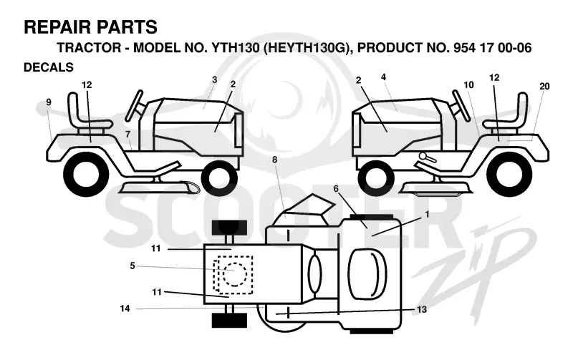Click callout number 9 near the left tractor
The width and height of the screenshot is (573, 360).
click(x=49, y=102)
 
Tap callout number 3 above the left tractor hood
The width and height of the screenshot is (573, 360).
click(x=214, y=79)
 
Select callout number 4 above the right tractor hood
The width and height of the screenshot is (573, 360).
click(x=383, y=77)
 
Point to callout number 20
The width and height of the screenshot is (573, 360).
click(x=544, y=86)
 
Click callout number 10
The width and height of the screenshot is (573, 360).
click(x=469, y=84)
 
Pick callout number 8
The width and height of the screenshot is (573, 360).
click(x=275, y=160)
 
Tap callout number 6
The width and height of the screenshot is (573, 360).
click(x=336, y=188)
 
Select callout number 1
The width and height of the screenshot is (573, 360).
click(x=427, y=214)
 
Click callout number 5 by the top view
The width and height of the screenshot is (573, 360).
click(x=133, y=266)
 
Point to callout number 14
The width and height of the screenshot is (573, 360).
click(x=125, y=308)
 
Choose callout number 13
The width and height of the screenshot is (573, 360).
click(x=422, y=310)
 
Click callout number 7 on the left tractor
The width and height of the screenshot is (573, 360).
click(x=127, y=135)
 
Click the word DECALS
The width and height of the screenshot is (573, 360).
click(x=49, y=67)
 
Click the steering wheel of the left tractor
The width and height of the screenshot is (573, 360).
click(x=134, y=105)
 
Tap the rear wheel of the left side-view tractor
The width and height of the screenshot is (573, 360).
click(x=86, y=172)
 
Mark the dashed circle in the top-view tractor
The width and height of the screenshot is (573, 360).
click(x=233, y=274)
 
